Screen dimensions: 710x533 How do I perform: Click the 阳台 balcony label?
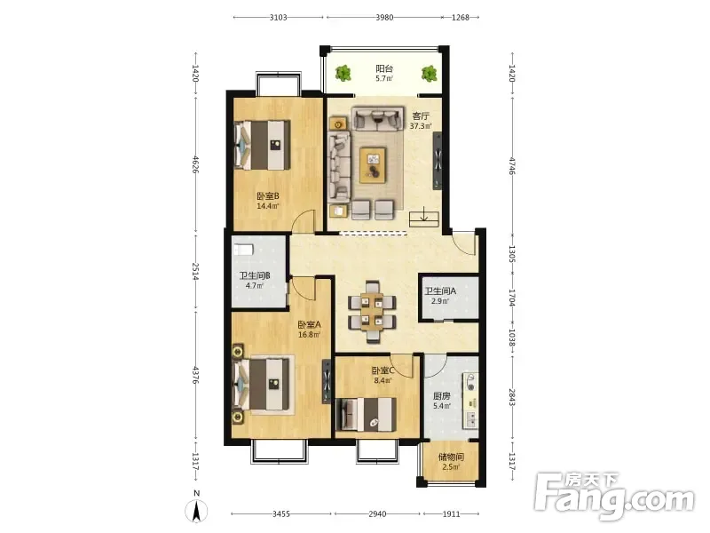(384, 68)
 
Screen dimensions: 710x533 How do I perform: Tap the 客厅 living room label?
(421, 116)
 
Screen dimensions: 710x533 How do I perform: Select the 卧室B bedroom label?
(268, 196)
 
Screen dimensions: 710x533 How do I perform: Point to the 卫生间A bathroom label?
(440, 291)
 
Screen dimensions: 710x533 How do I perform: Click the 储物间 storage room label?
(451, 457)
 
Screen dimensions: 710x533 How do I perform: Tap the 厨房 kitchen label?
(441, 395)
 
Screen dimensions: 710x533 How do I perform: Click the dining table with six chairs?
(372, 313)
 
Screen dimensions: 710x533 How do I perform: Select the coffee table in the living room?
(373, 165)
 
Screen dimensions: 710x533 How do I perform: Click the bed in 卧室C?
(367, 415)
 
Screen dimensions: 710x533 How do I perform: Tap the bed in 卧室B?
(262, 145)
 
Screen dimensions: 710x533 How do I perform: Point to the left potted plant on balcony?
(343, 73)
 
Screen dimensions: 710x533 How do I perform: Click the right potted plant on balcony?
(429, 74)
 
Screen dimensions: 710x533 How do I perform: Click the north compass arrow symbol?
(196, 512)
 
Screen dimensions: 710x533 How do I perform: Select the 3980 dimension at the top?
(384, 18)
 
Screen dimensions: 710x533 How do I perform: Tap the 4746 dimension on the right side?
(512, 165)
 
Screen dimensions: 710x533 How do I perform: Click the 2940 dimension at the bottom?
(377, 514)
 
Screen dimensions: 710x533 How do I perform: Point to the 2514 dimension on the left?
(195, 271)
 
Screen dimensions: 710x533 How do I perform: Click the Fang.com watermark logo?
(613, 497)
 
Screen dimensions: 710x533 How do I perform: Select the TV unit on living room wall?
(438, 161)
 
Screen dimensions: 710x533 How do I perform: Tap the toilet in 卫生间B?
(243, 250)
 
